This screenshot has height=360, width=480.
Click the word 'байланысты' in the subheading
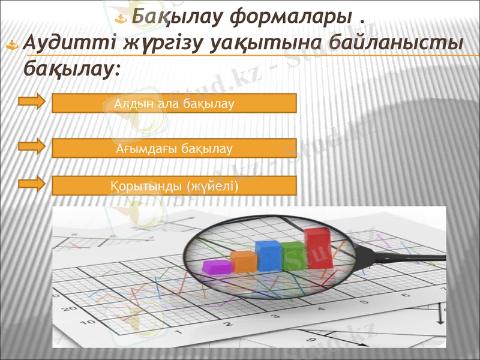pyautogui.click(x=397, y=44)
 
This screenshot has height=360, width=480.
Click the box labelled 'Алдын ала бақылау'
pyautogui.click(x=175, y=103)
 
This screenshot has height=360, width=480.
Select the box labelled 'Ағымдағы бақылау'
pyautogui.click(x=175, y=147)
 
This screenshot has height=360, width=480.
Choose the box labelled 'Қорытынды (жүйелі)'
pyautogui.click(x=175, y=186)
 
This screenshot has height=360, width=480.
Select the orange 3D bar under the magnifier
pyautogui.click(x=243, y=262)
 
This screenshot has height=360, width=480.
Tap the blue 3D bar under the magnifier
pyautogui.click(x=268, y=256)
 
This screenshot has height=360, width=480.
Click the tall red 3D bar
pyautogui.click(x=319, y=248)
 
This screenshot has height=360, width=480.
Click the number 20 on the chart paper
pyautogui.click(x=68, y=310)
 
